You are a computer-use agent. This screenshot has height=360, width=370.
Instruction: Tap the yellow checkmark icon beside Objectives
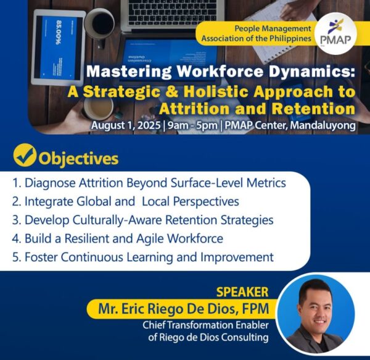pos(23,157)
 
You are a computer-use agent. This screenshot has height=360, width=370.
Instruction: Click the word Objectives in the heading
pos(78,159)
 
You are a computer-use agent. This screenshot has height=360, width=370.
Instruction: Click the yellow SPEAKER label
pos(242,291)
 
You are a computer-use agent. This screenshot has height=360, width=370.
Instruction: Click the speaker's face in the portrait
pos(316,304)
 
